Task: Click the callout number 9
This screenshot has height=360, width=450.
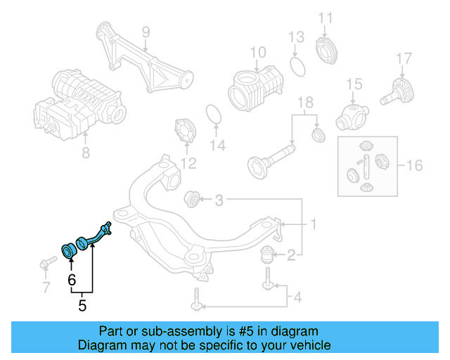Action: click(x=146, y=32)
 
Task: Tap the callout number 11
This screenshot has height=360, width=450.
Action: click(x=325, y=18)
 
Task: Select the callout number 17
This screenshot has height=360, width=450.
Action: click(x=403, y=58)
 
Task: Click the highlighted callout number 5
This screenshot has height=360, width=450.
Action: click(x=82, y=306)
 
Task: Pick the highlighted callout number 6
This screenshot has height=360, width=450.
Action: click(x=71, y=279)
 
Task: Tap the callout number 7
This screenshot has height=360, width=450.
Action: click(x=46, y=287)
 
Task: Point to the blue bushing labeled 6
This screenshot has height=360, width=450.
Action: click(x=70, y=250)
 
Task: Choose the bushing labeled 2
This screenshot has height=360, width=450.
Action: click(x=269, y=253)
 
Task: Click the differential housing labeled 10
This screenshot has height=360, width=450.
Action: click(x=255, y=89)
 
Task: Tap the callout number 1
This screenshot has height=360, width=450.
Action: click(x=314, y=225)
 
